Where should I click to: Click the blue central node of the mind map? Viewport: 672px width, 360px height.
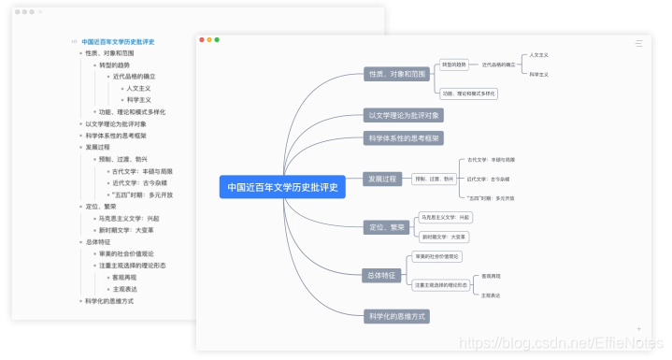(282, 186)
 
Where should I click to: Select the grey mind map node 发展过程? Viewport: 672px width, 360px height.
(382, 179)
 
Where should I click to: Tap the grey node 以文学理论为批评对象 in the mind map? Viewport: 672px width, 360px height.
(405, 115)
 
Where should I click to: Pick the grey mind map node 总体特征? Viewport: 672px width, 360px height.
(381, 275)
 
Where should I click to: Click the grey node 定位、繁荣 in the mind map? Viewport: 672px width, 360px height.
(386, 227)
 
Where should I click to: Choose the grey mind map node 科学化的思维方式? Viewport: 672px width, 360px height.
(397, 316)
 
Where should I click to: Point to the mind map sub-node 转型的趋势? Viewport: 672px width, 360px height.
(454, 65)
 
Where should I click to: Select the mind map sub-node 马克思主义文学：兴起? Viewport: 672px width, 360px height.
(446, 217)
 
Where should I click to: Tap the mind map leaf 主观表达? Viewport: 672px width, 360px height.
(491, 295)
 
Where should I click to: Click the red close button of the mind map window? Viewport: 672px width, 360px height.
(204, 39)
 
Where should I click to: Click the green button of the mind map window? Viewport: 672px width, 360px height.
(218, 39)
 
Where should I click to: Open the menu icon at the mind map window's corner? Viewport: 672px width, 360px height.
(638, 43)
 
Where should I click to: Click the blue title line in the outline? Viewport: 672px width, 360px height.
(118, 41)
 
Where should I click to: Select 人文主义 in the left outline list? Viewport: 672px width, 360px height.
(138, 88)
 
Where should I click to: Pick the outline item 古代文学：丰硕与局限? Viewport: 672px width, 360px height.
(142, 171)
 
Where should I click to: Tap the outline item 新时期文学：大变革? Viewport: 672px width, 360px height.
(126, 230)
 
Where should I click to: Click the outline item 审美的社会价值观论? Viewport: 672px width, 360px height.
(126, 253)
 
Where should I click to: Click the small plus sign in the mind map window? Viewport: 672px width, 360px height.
(639, 329)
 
